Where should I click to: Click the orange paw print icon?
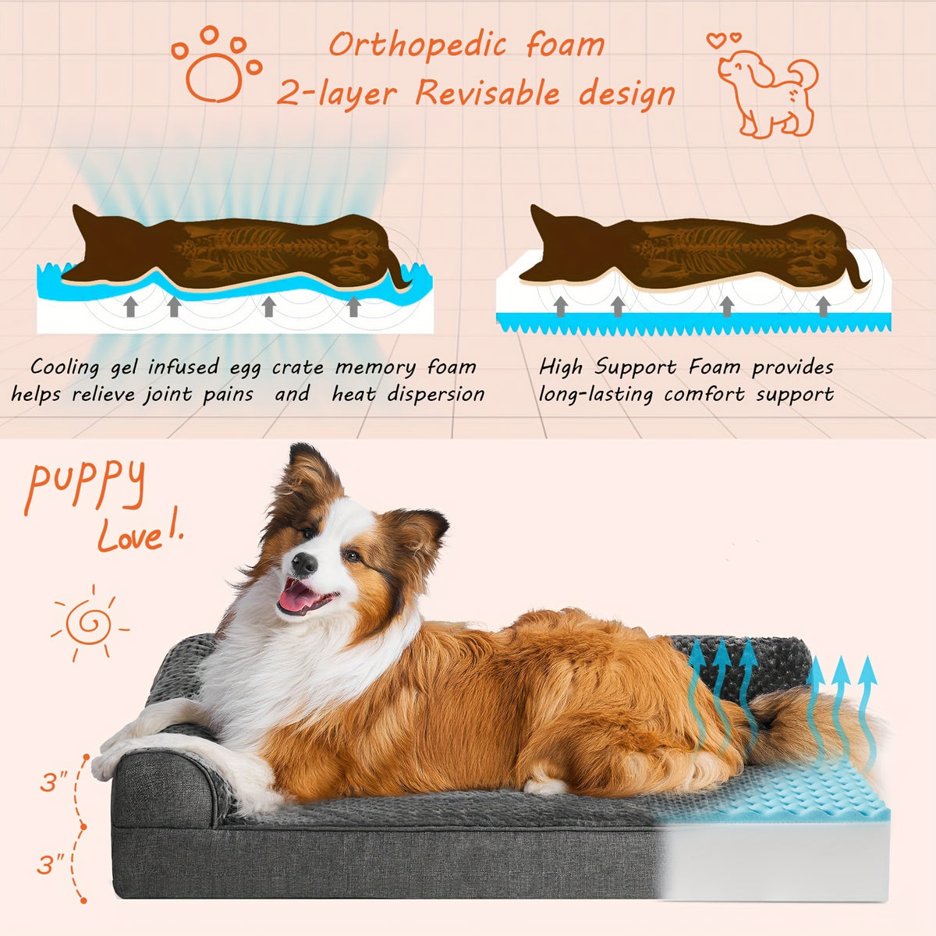[x=217, y=66]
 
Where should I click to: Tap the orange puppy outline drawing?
[x=768, y=94]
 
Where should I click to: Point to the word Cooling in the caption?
[x=65, y=367]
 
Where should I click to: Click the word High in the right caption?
[x=560, y=367]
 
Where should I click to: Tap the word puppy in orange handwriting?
[x=86, y=486]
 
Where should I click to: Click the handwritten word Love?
[x=129, y=536]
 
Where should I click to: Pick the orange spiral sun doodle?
[x=90, y=623]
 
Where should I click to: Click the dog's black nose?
[x=304, y=564]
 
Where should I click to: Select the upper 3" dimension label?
[x=54, y=782]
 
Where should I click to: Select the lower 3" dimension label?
[x=51, y=864]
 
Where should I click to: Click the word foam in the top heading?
[x=565, y=44]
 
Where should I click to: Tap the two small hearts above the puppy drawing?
[x=724, y=39]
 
